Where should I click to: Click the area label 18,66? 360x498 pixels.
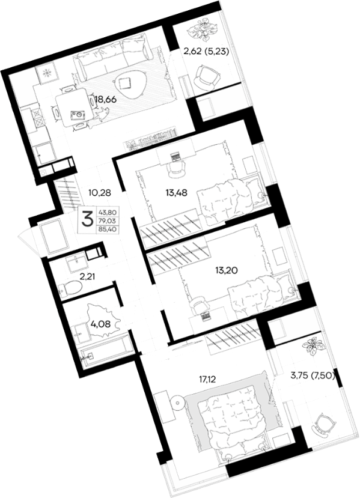106,99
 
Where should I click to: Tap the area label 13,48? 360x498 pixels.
176,192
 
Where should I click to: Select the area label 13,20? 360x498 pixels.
226,270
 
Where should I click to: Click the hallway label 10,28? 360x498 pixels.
100,192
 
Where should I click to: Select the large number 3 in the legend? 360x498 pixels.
87,219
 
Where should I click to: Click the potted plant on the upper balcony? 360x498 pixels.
201,31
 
